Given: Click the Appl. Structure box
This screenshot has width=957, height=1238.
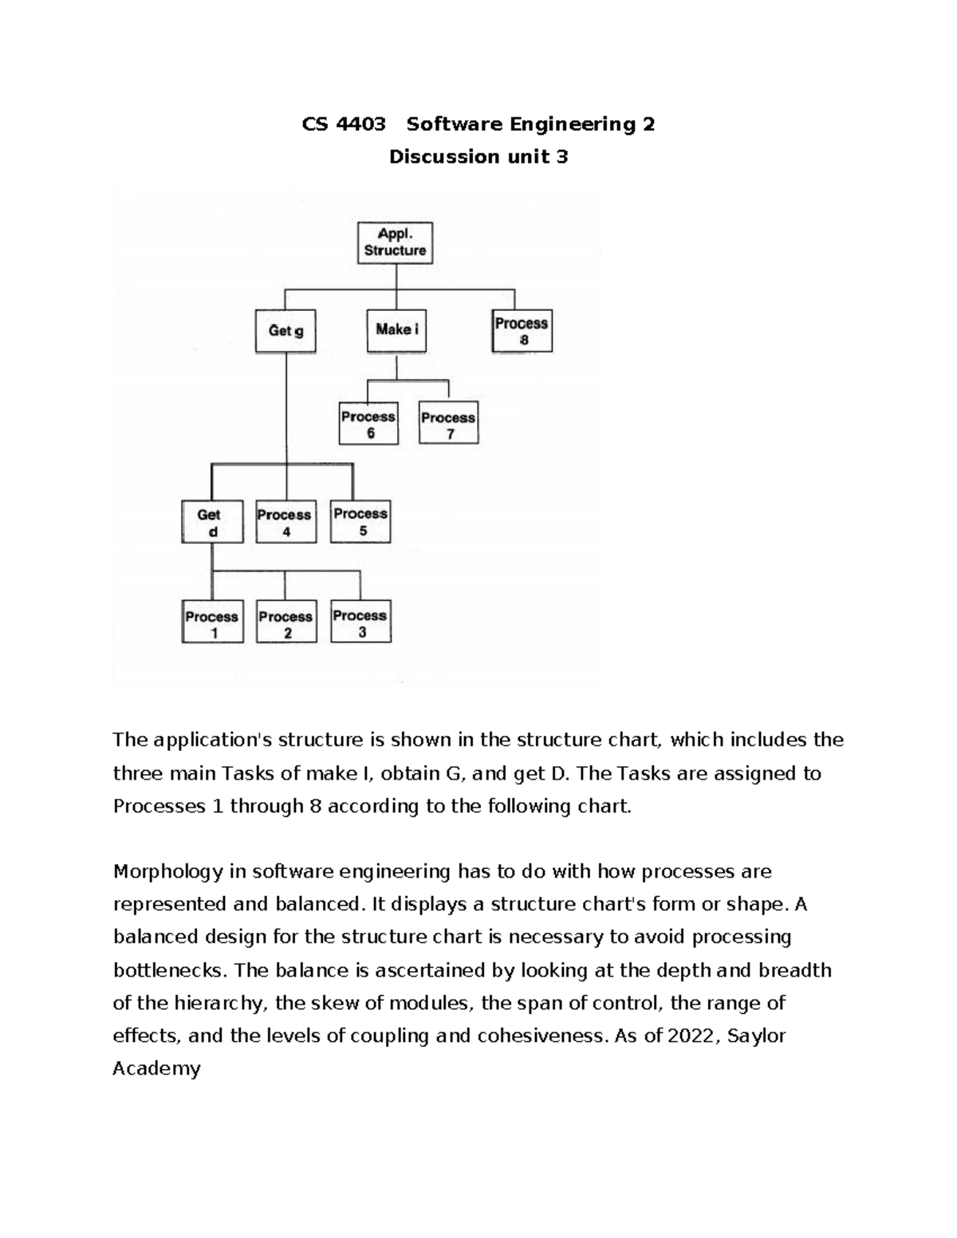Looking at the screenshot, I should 395,242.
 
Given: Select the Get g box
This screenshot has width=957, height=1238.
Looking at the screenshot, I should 286,331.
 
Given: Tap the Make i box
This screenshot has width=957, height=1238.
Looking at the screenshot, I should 396,330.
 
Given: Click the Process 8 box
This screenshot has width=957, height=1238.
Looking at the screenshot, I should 522,331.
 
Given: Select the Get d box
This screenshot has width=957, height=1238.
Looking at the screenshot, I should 211,523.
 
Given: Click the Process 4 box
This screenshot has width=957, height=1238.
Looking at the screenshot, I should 285,523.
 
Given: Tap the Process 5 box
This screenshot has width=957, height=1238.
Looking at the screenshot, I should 360,522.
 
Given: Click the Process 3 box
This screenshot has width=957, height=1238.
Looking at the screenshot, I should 360,623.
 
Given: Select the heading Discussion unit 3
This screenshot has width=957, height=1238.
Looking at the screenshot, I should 478,157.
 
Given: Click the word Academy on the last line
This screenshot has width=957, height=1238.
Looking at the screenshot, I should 156,1069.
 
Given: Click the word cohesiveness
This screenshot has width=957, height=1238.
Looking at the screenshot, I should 538,1036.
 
